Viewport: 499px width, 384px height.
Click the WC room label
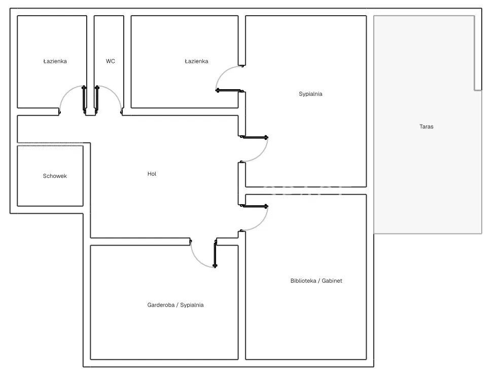pos(111,61)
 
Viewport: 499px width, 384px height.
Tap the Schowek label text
pos(55,176)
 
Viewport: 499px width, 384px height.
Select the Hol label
pos(152,174)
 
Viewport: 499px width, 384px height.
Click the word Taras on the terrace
pos(426,127)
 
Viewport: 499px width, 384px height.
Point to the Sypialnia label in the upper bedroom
pos(310,94)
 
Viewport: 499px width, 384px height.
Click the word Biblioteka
pos(303,281)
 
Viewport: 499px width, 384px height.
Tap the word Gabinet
pos(332,281)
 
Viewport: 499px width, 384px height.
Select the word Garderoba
pos(161,305)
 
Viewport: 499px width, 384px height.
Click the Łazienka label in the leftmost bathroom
pos(55,61)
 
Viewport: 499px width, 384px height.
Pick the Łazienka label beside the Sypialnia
pos(196,61)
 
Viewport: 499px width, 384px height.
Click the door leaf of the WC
pos(96,99)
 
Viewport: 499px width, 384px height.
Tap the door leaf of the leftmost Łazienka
pos(84,99)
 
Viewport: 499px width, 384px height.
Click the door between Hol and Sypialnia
pos(255,137)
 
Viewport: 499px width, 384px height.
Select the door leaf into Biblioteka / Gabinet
pos(255,206)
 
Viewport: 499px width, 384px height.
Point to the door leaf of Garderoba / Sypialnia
pos(215,254)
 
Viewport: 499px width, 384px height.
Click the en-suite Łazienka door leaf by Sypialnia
pos(229,91)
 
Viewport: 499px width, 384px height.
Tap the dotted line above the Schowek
pos(50,146)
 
